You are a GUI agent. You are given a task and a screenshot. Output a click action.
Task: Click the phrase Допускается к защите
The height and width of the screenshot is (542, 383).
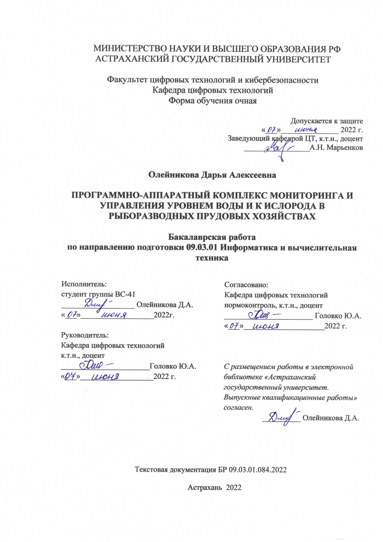(x=326, y=121)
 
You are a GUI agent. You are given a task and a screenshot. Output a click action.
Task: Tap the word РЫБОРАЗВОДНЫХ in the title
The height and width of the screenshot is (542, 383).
(x=151, y=216)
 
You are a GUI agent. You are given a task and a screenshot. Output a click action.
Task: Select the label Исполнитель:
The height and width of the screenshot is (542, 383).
(x=84, y=284)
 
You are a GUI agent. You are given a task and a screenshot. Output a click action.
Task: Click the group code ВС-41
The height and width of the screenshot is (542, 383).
(x=125, y=294)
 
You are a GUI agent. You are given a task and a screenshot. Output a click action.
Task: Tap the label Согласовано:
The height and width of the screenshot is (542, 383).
(x=246, y=284)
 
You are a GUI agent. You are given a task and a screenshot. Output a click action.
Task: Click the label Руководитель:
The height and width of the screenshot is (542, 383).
(x=85, y=335)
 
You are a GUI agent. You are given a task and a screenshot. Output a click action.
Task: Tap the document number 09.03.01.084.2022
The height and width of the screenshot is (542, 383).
(x=258, y=470)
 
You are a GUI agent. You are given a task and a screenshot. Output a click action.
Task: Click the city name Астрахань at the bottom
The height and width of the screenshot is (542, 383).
(x=204, y=488)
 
